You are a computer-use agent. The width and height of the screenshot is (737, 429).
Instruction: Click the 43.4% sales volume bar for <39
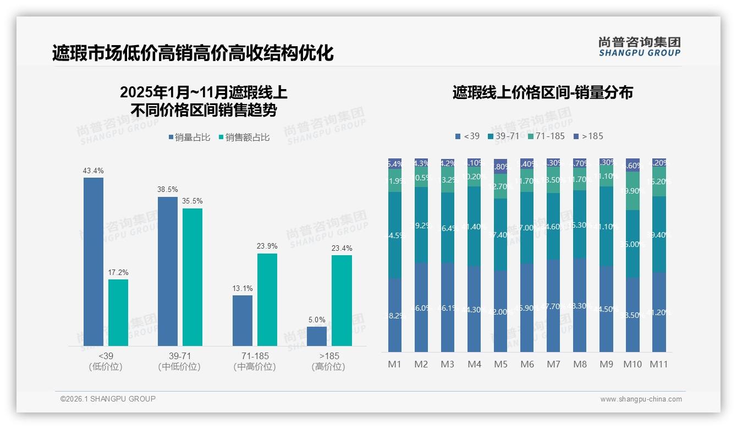(94, 261)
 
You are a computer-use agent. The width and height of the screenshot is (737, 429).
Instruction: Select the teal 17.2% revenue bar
(118, 312)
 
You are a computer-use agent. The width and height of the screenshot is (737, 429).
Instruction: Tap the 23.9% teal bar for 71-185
(267, 299)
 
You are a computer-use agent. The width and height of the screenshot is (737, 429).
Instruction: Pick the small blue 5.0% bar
(317, 336)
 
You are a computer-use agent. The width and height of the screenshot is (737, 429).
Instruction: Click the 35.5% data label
(193, 201)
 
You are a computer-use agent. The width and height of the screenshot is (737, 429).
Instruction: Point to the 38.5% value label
(168, 189)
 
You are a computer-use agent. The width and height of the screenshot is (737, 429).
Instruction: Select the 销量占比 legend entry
(189, 137)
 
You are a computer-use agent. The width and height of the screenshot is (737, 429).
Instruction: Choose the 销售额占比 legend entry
(244, 137)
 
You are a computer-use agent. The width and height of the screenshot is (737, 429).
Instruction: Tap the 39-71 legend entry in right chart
(503, 136)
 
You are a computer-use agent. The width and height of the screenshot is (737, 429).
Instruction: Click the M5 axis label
(501, 364)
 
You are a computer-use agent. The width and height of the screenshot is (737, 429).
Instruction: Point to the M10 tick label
(632, 364)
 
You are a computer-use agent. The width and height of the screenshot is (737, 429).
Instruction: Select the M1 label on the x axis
(395, 364)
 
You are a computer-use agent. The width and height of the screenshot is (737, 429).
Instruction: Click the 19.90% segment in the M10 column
(632, 191)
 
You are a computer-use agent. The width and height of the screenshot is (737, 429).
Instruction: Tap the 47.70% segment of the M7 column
(553, 306)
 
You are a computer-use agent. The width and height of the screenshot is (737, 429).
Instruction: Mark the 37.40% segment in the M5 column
(501, 235)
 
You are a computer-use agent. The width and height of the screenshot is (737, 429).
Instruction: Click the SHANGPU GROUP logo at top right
(639, 47)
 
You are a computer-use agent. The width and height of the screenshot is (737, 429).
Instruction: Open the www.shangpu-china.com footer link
(641, 399)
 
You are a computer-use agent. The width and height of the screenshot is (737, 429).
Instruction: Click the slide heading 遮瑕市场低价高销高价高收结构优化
(193, 53)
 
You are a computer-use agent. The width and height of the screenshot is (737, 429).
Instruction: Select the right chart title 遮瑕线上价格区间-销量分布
(542, 92)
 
